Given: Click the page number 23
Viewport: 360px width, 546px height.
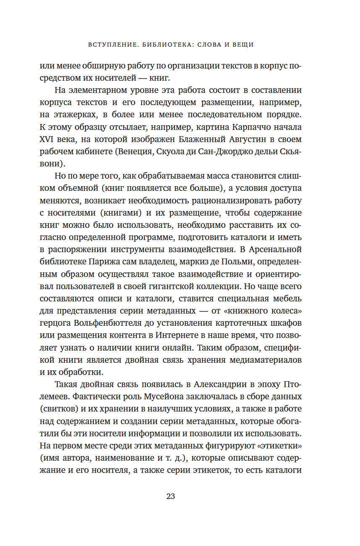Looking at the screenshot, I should click(170, 496).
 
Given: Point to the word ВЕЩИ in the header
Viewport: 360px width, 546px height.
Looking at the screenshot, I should click(243, 45).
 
